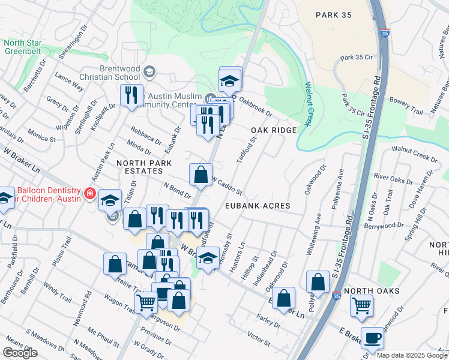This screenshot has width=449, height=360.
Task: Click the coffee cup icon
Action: pos(372,338)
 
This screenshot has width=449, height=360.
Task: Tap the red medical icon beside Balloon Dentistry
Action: pos(89,193)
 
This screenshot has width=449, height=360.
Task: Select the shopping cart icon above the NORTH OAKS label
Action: pos(361,305)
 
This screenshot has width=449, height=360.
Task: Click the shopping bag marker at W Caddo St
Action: pos(201,175)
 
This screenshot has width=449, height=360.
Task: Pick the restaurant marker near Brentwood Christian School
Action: pos(131,95)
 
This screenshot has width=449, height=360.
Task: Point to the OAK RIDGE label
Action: pos(274,130)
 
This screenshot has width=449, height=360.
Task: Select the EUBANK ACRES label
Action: pos(258,206)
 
